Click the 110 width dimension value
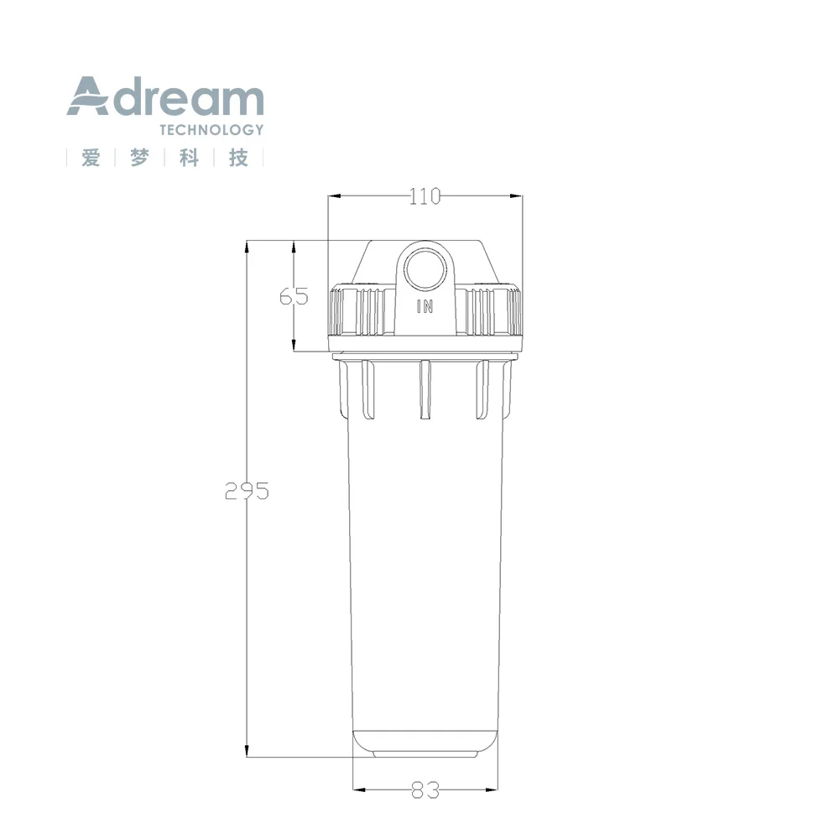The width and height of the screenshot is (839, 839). (425, 196)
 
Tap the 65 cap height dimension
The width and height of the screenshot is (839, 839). (294, 296)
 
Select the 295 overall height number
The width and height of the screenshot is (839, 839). (247, 491)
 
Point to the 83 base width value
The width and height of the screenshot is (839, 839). (425, 789)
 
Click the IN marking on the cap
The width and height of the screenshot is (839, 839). (425, 306)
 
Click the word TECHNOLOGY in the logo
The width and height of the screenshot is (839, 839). (211, 130)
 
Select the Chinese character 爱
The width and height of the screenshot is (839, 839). (91, 158)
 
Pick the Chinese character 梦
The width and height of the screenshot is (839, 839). (139, 158)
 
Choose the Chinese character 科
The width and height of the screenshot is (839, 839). (189, 158)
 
